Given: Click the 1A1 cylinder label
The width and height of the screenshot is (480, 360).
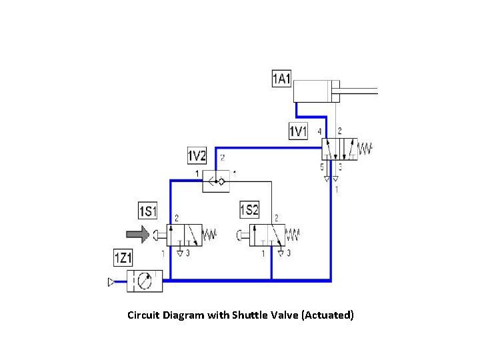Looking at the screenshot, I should tap(281, 79).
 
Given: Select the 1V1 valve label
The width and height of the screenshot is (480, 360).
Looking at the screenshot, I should tap(298, 131).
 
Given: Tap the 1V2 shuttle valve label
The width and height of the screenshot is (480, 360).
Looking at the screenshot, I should tap(197, 157).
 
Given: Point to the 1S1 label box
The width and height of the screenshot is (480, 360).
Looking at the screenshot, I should tap(147, 211).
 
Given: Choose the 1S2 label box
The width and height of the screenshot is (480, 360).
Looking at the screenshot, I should tap(249, 211).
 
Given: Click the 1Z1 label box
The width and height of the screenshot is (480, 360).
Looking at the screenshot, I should tap(124, 257).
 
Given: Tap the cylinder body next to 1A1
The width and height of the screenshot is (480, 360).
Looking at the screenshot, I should tap(317, 91).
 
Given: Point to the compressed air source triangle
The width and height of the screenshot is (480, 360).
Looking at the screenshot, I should tap(111, 283).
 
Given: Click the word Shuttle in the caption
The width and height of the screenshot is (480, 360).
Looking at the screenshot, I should tap(248, 315).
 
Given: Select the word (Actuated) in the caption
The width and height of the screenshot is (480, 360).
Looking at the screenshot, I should tap(327, 315).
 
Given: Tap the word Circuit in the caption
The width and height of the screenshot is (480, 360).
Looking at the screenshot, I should tap(145, 315).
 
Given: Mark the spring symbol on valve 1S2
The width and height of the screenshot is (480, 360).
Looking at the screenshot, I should tap(293, 235).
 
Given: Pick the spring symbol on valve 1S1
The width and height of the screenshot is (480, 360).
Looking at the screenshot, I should tap(209, 235).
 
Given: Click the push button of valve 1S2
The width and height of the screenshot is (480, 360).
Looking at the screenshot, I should tap(239, 235).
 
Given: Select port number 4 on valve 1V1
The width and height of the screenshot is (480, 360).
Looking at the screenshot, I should tap(320, 131).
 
